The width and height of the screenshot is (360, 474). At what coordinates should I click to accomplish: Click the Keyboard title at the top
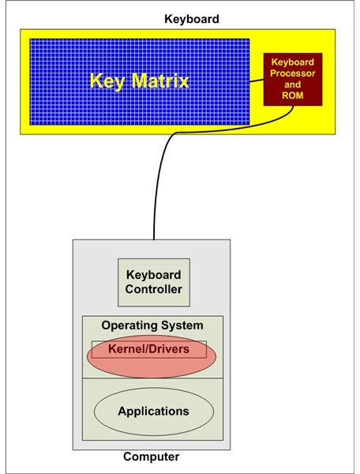pyautogui.click(x=192, y=19)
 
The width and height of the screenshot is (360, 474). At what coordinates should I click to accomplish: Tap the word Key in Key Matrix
pyautogui.click(x=107, y=81)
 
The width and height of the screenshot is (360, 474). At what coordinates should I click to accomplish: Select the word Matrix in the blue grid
pyautogui.click(x=160, y=81)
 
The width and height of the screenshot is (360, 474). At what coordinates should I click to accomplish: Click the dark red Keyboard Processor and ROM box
pyautogui.click(x=293, y=79)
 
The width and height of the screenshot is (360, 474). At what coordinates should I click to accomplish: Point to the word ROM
pyautogui.click(x=292, y=96)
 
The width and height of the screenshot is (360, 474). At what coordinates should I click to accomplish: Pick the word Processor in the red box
pyautogui.click(x=292, y=73)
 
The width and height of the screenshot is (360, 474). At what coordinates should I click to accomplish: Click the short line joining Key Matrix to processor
pyautogui.click(x=257, y=81)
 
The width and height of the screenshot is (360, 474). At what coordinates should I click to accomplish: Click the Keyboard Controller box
pyautogui.click(x=154, y=282)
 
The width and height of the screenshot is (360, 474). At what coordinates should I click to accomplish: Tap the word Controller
pyautogui.click(x=153, y=289)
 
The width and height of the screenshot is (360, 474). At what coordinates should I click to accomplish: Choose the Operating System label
pyautogui.click(x=152, y=325)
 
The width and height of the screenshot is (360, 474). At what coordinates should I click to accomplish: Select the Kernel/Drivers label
pyautogui.click(x=148, y=349)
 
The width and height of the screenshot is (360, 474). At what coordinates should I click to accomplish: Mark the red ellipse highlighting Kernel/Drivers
pyautogui.click(x=152, y=356)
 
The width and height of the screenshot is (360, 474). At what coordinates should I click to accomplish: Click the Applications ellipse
pyautogui.click(x=154, y=412)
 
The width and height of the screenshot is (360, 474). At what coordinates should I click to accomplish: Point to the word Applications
pyautogui.click(x=153, y=412)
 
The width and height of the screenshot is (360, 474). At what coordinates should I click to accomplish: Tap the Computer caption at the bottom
pyautogui.click(x=151, y=457)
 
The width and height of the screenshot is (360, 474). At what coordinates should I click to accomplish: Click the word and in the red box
pyautogui.click(x=292, y=85)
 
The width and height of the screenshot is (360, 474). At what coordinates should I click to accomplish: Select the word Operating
pyautogui.click(x=129, y=325)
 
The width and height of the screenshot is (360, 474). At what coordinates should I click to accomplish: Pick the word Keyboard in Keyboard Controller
pyautogui.click(x=154, y=275)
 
